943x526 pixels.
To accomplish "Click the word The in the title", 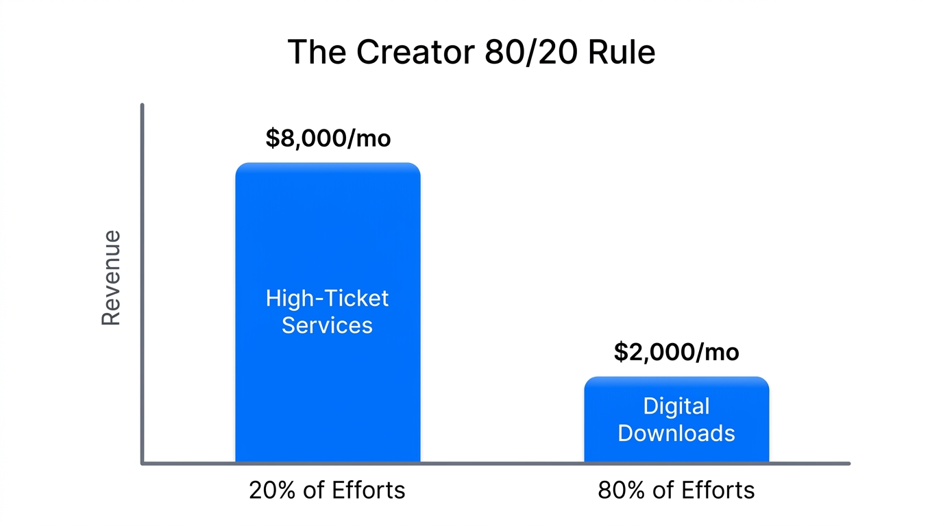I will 315,52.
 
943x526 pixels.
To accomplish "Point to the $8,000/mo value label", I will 328,138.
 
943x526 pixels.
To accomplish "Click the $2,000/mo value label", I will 676,352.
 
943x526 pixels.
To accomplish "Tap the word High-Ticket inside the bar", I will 328,299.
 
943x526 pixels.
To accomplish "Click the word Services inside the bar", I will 328,325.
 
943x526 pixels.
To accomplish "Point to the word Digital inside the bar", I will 676,406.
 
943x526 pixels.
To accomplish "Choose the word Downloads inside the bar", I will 676,433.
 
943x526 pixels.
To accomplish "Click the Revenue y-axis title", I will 111,277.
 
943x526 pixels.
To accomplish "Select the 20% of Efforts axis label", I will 327,490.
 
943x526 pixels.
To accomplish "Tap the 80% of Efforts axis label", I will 676,490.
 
